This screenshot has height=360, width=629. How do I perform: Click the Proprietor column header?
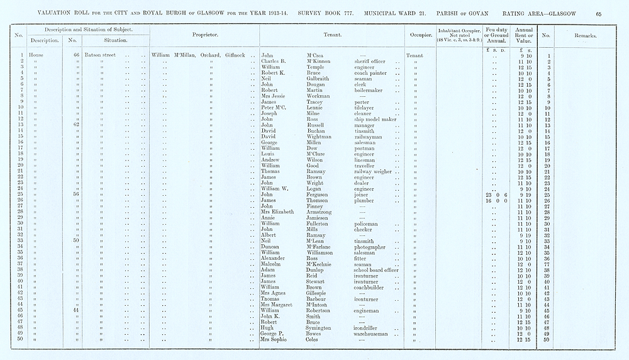pyautogui.click(x=204, y=35)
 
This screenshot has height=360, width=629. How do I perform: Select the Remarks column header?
pyautogui.click(x=585, y=36)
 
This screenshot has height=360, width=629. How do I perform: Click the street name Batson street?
pyautogui.click(x=99, y=55)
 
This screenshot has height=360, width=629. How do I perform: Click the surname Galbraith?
pyautogui.click(x=320, y=78)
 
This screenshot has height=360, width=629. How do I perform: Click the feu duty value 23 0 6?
pyautogui.click(x=497, y=195)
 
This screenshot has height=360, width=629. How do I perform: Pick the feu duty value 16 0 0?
pyautogui.click(x=497, y=201)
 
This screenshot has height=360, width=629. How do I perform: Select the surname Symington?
pyautogui.click(x=321, y=328)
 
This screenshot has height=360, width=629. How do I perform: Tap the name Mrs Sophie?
pyautogui.click(x=277, y=340)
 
